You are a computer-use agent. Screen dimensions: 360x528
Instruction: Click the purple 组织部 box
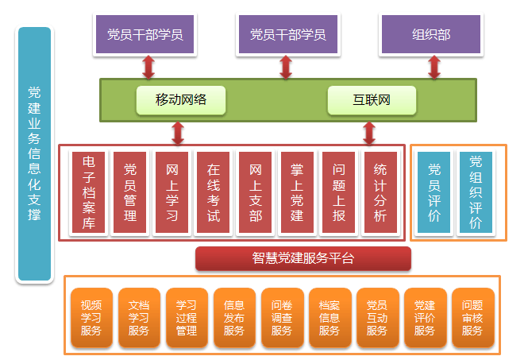432,34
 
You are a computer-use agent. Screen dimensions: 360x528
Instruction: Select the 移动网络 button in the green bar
181,100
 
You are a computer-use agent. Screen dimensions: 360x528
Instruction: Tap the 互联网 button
372,100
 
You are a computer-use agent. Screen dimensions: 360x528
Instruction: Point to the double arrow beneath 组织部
434,66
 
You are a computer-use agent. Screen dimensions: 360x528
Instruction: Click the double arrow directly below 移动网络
178,132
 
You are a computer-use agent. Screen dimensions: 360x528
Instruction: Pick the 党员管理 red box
130,192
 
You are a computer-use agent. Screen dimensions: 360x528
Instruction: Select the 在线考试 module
213,192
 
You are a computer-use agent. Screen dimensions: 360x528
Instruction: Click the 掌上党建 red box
296,192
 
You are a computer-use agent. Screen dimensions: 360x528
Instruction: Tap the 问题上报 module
338,192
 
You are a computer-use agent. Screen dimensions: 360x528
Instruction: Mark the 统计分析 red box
380,192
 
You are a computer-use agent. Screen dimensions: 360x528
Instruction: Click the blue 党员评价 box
434,192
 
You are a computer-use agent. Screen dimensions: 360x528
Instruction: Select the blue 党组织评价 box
476,192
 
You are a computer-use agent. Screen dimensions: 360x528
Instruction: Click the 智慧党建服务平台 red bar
303,258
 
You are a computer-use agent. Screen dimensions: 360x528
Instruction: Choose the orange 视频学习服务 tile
91,317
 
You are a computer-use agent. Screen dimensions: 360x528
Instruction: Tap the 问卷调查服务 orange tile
282,317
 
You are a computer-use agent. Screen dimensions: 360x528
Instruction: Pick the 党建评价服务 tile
425,317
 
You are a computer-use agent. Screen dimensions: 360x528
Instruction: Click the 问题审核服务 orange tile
472,317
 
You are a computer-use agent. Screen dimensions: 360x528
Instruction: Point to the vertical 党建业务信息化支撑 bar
34,155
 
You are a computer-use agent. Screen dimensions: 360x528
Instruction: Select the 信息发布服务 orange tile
234,317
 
